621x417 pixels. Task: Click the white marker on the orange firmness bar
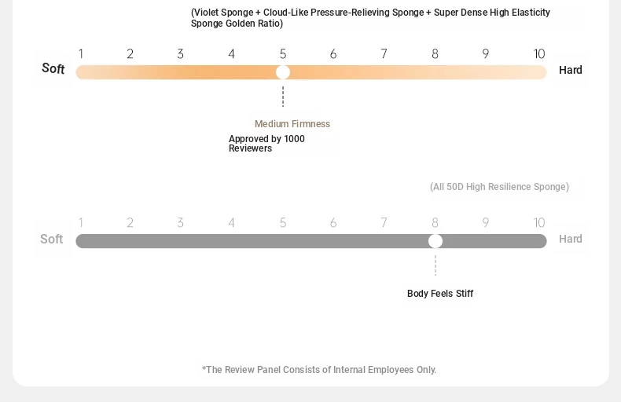coord(283,72)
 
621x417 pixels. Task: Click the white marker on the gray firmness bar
coord(435,241)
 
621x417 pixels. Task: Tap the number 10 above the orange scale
coord(539,54)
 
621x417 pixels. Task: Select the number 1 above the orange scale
coord(81,54)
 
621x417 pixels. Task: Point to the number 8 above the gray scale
coord(435,223)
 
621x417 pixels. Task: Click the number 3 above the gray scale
coord(180,223)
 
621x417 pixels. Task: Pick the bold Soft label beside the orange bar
coord(53,68)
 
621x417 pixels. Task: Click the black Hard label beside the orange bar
coord(571,70)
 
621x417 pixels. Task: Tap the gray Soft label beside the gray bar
coord(51,239)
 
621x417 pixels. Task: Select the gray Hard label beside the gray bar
coord(571,239)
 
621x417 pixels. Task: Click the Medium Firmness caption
coord(292,124)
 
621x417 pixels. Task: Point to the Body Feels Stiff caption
coord(440,294)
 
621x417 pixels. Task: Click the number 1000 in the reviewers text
coord(294,139)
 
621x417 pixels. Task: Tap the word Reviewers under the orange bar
coord(250,148)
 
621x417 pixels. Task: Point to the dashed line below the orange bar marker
coord(283,97)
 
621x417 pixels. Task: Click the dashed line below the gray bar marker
coord(435,265)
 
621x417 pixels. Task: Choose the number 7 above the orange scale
coord(384,54)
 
